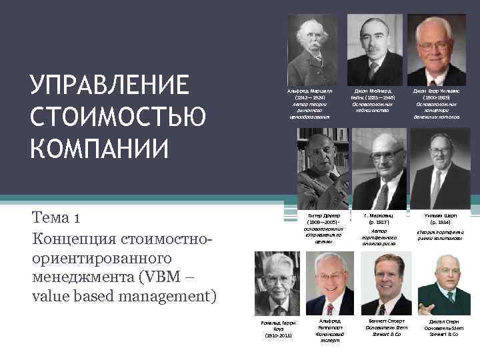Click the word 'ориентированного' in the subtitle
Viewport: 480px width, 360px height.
(x=101, y=257)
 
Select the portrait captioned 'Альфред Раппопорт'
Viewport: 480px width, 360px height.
(x=329, y=285)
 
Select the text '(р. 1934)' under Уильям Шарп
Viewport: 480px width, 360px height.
(x=440, y=223)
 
